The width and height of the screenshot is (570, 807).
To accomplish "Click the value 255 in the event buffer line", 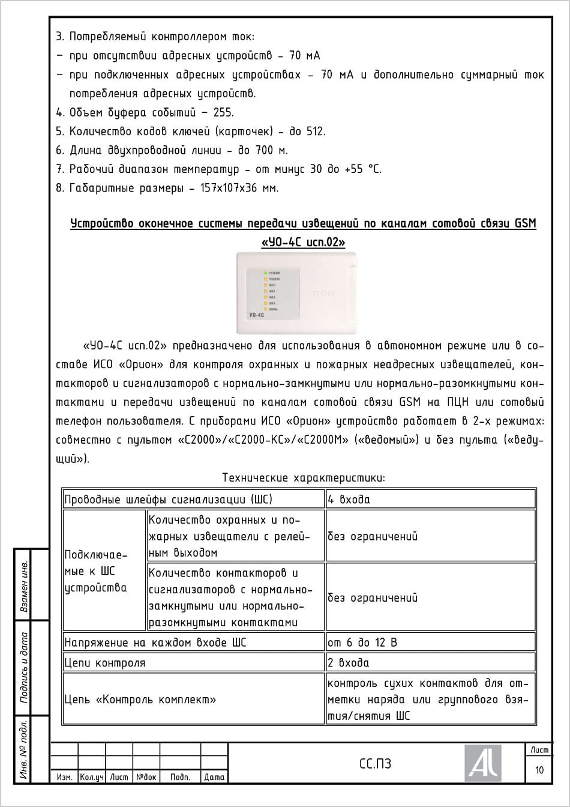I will tap(223, 112).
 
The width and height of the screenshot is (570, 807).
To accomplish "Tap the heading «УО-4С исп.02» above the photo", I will tap(303, 243).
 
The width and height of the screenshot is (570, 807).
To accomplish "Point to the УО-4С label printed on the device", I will tap(257, 315).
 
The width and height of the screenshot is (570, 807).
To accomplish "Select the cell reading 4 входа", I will tap(349, 500).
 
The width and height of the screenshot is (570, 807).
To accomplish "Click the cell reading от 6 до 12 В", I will tap(362, 642).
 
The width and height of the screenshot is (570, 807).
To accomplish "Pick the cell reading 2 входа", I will tap(349, 663).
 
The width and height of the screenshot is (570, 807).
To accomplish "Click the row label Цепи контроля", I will tap(105, 663).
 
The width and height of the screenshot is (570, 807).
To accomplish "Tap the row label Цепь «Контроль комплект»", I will tap(140, 700).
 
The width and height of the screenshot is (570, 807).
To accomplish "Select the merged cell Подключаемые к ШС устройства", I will tap(96, 570).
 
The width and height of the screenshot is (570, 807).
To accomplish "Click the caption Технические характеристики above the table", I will tap(303, 478).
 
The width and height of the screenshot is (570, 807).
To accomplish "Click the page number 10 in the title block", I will tap(539, 770).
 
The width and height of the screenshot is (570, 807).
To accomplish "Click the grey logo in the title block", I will tap(483, 763).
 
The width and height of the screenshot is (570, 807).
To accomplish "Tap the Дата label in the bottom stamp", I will tap(214, 777).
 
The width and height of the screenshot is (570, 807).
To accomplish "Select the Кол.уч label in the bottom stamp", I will tap(92, 777).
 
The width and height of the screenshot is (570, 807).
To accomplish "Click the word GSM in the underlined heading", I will tap(525, 224).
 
